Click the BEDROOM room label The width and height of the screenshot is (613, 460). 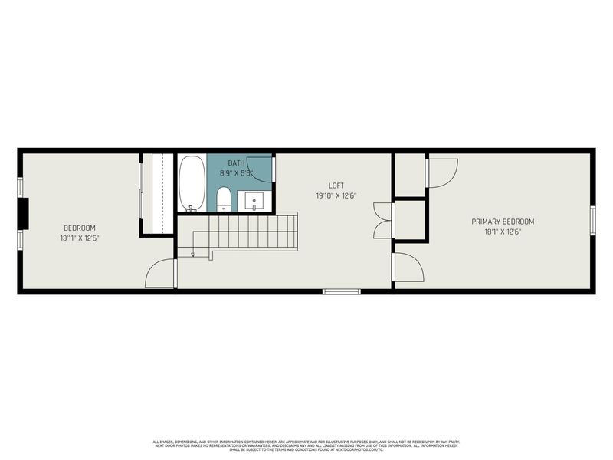pyautogui.click(x=80, y=228)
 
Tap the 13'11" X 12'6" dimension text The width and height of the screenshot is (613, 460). pyautogui.click(x=80, y=238)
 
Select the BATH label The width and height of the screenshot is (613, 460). pyautogui.click(x=236, y=163)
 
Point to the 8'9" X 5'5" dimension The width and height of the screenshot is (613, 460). pyautogui.click(x=236, y=173)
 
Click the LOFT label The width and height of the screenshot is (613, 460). pyautogui.click(x=336, y=186)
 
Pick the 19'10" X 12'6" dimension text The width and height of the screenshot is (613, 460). pyautogui.click(x=336, y=195)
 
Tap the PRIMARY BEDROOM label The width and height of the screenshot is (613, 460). pyautogui.click(x=503, y=222)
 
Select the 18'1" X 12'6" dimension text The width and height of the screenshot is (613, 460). pyautogui.click(x=503, y=232)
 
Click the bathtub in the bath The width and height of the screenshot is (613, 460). pyautogui.click(x=192, y=182)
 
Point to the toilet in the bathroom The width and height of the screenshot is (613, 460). pyautogui.click(x=224, y=199)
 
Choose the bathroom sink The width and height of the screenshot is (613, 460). pyautogui.click(x=255, y=201)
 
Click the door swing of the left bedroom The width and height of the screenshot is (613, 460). pyautogui.click(x=161, y=274)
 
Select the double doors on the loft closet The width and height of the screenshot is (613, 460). pyautogui.click(x=382, y=220)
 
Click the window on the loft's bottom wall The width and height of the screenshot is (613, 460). pyautogui.click(x=341, y=291)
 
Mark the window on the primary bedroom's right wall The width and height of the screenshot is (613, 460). pyautogui.click(x=592, y=220)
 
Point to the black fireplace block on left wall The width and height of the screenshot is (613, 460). pyautogui.click(x=23, y=213)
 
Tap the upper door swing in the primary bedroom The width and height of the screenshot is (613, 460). pyautogui.click(x=441, y=172)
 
